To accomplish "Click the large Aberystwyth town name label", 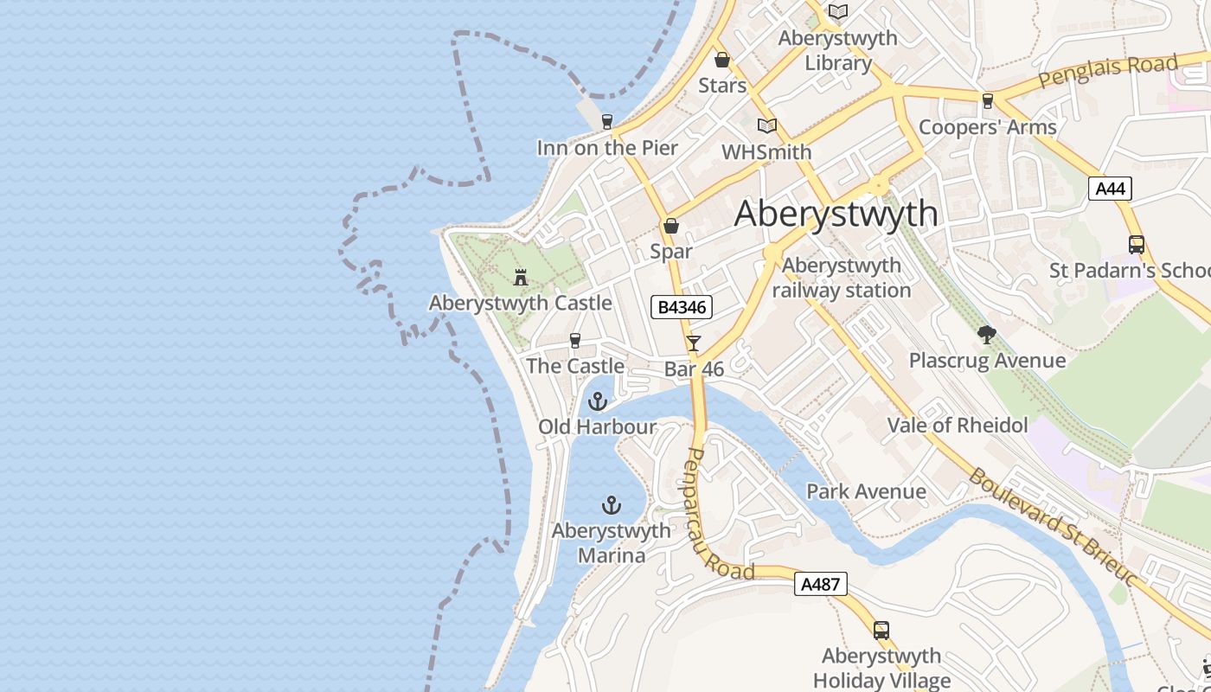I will coord(836,214).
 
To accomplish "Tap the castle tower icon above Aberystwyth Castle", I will coord(521,278).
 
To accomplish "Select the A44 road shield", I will coord(1110,189).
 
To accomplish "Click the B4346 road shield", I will coord(682,307).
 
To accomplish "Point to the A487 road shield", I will coord(820,584).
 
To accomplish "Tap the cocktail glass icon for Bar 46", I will coord(694,343).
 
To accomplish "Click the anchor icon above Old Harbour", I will coord(597,401).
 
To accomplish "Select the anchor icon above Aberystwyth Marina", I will coord(612,504).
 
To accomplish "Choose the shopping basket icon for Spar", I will coord(670,227).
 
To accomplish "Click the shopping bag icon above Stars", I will coord(722,60).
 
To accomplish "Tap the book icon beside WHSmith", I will coord(766,125).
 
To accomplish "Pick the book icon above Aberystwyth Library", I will coord(837,11).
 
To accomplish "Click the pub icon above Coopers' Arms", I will coord(987,101).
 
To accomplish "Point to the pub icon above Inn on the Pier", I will coord(606,121).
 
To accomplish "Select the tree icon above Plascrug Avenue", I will coord(986,335).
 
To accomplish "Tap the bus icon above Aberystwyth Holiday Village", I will coord(881,630).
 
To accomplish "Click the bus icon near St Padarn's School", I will coord(1136,245).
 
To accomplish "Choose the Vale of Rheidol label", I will coord(958,426).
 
